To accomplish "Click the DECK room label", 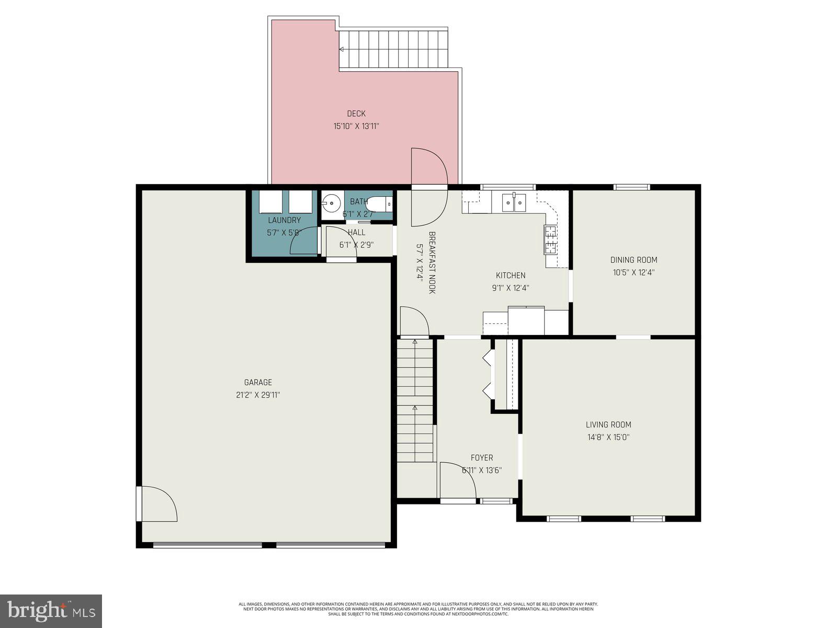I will point(356,114).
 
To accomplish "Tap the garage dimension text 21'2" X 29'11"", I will point(258,395).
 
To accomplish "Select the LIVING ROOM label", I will point(608,424).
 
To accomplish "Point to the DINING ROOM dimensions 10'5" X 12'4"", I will point(634,272).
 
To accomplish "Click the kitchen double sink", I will point(514,202).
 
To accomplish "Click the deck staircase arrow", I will point(341,49).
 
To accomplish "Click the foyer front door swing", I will point(457,480).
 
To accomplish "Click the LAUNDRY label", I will point(284,220).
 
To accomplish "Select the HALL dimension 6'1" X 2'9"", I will point(356,244).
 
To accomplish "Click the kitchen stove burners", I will point(550,239).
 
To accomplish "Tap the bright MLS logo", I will point(51,611).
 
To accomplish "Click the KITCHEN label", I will point(511,275).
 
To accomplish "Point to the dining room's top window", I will point(632,187).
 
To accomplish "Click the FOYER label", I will point(481,457).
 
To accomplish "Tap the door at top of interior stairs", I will point(413,322).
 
